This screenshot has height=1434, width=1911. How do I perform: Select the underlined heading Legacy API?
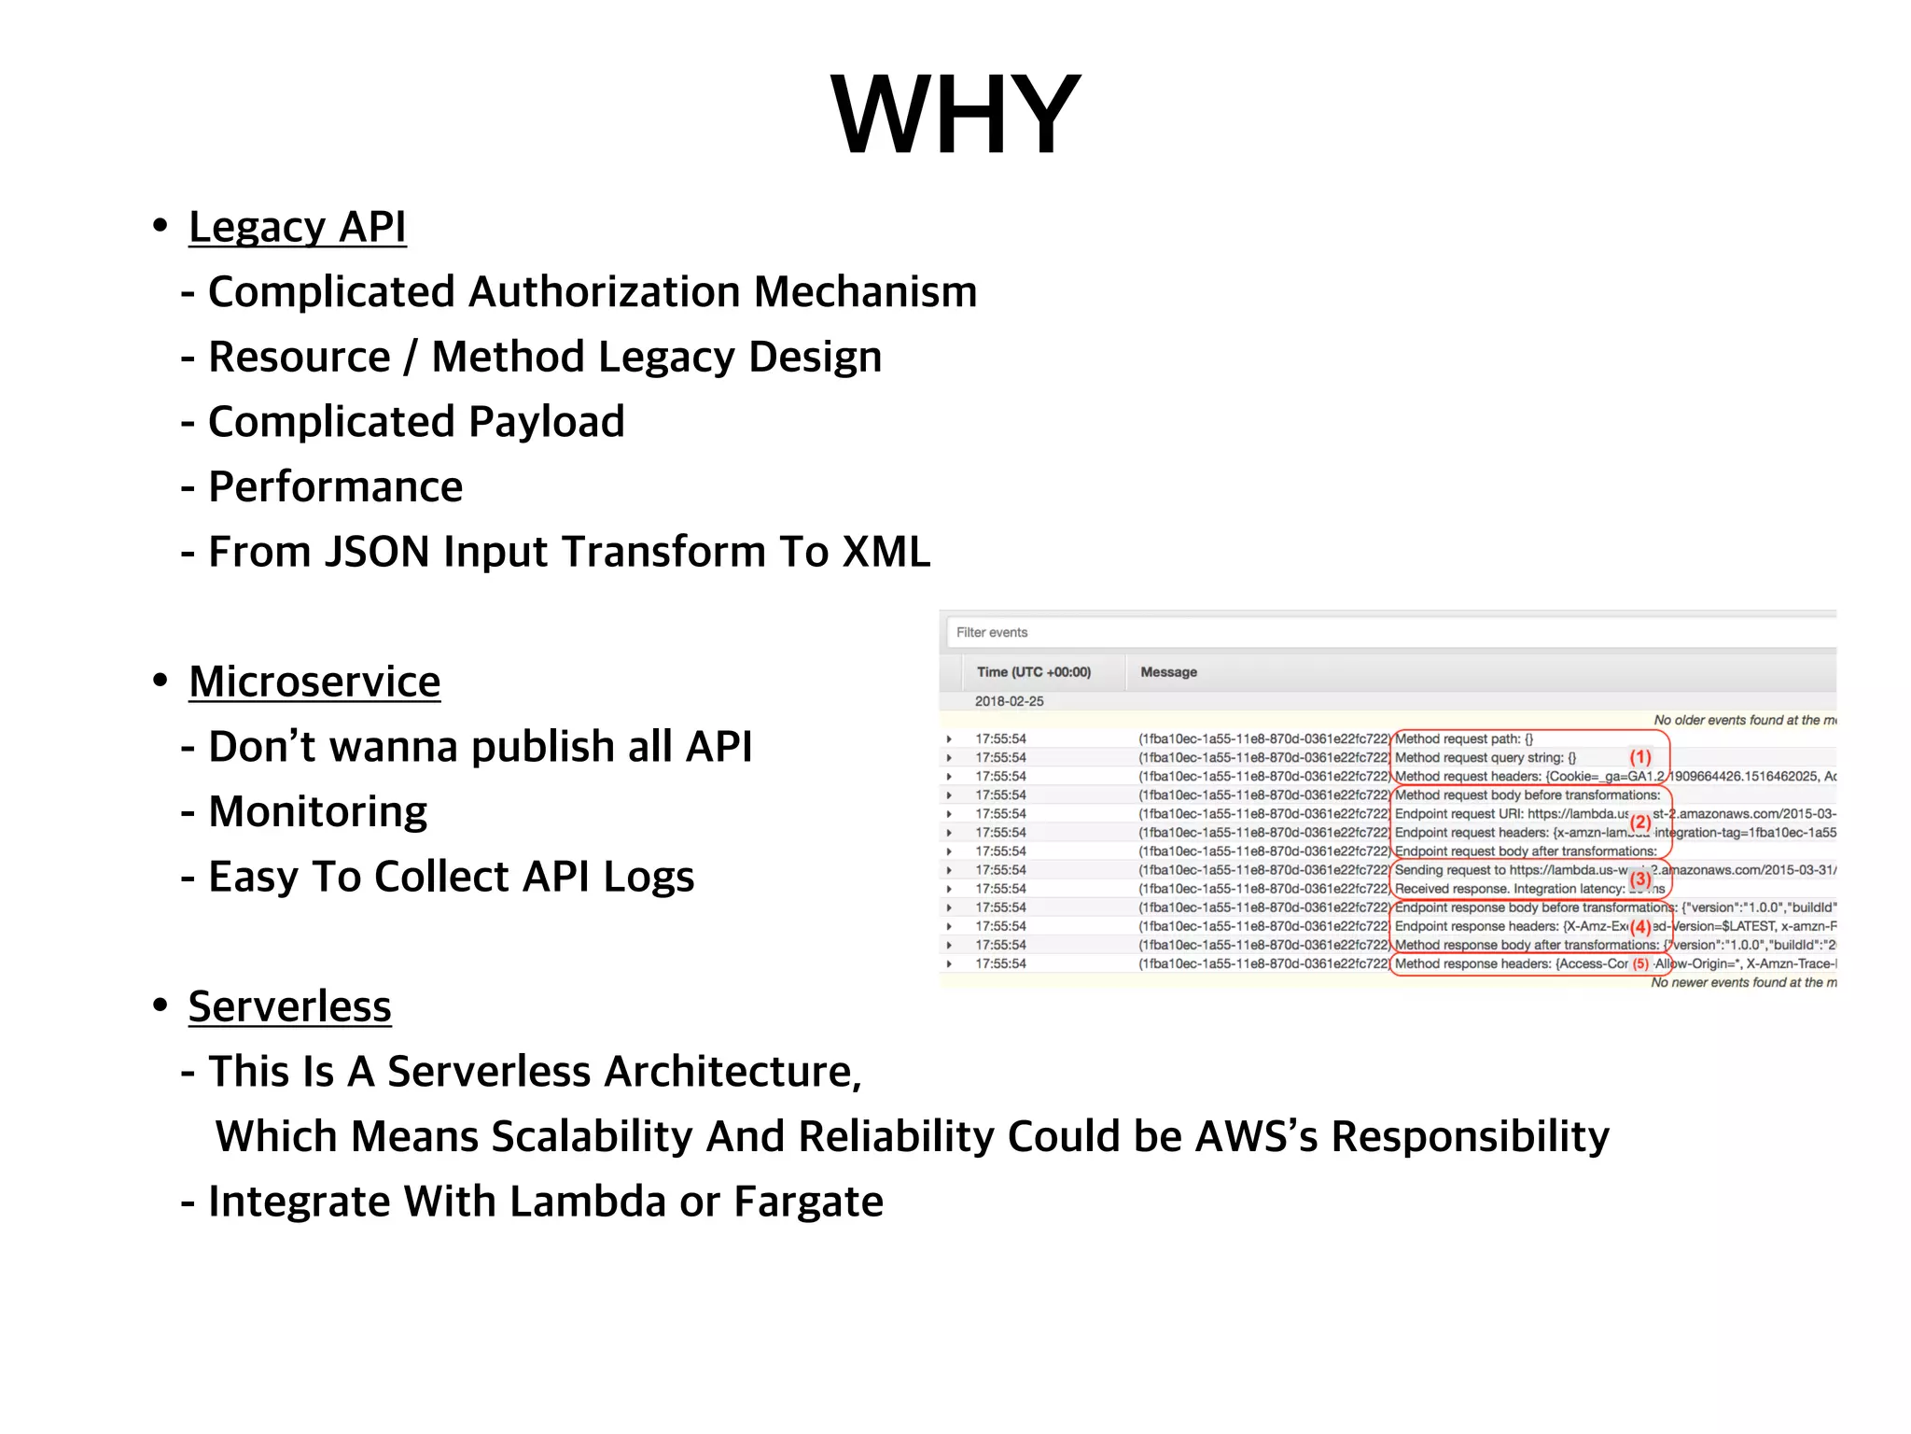(x=297, y=227)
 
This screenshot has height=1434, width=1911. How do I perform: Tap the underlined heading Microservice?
(x=314, y=682)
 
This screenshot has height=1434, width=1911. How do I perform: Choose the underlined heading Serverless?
(x=289, y=1006)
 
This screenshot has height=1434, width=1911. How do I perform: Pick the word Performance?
(x=335, y=487)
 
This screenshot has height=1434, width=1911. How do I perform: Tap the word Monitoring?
(x=317, y=811)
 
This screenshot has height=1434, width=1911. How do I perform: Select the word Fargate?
(x=808, y=1202)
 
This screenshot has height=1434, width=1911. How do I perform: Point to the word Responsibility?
(x=1470, y=1136)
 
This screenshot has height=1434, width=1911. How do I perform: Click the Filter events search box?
(x=1390, y=632)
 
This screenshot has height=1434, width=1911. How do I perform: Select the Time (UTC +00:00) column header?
(x=1033, y=672)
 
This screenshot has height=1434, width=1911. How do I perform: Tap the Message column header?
(x=1168, y=672)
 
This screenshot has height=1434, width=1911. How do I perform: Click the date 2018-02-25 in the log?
(x=1009, y=701)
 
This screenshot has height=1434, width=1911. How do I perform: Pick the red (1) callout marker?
(x=1639, y=757)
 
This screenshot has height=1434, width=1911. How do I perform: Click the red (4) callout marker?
(x=1639, y=927)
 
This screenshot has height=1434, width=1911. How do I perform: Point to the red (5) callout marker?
(x=1639, y=964)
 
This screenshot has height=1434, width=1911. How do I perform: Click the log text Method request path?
(x=1463, y=738)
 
